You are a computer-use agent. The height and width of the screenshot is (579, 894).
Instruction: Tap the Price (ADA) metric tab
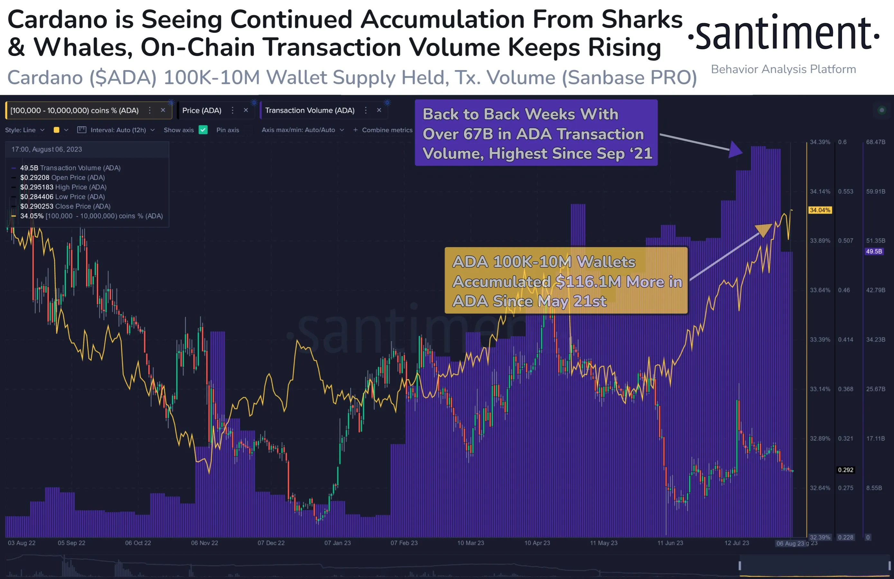(202, 110)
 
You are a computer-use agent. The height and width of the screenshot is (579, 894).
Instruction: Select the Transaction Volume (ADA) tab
(310, 110)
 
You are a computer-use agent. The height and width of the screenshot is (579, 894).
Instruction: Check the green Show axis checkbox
(203, 130)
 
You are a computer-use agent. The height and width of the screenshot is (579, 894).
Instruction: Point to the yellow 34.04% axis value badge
(820, 210)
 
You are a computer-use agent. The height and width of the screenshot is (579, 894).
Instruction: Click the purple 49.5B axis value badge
(874, 252)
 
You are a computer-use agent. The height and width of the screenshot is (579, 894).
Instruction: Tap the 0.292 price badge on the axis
(845, 470)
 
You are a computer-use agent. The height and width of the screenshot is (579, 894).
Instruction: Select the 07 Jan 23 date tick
(337, 543)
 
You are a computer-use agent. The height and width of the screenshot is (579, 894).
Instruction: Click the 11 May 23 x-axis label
(603, 543)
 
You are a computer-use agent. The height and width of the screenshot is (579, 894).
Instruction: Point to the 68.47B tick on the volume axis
(875, 142)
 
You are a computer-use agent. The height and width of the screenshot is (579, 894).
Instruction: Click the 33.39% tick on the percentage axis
(820, 339)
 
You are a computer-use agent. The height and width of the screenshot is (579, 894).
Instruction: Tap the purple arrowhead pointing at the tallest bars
(735, 150)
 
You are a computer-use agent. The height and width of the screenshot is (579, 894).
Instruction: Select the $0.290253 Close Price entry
(65, 206)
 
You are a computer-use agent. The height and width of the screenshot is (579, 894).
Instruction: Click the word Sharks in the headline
(642, 20)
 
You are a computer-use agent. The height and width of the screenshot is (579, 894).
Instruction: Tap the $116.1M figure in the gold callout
(588, 281)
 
